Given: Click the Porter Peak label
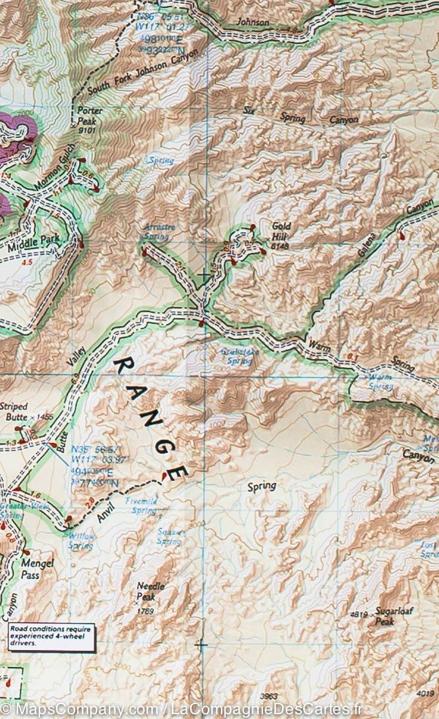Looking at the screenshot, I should click(x=90, y=114).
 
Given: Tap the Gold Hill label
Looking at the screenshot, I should click(x=281, y=230).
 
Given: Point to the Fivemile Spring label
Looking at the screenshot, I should click(x=141, y=506).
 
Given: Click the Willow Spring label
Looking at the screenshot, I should click(x=80, y=542).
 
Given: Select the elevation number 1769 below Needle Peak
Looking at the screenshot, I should click(x=145, y=611).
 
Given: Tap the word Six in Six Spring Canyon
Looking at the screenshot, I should click(x=250, y=110).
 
